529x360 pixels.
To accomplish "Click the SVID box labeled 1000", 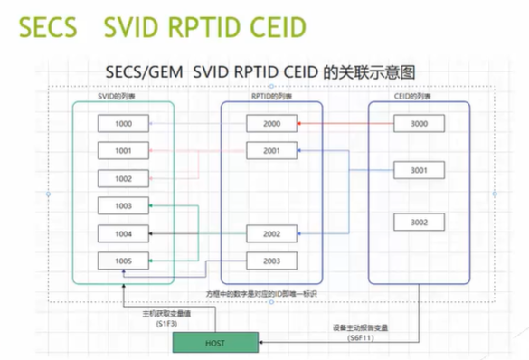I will (124, 124).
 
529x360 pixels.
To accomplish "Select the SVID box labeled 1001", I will (124, 150).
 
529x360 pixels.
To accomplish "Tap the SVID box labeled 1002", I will (124, 179).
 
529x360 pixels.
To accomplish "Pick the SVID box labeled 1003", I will (124, 206).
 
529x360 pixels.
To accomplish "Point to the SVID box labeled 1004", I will (124, 234).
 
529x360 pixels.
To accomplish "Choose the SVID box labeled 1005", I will (124, 261).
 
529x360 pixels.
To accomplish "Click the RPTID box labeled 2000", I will (271, 124).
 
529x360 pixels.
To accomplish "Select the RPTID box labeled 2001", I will (271, 150).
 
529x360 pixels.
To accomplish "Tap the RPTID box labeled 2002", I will (271, 234).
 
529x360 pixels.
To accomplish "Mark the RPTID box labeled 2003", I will (271, 261).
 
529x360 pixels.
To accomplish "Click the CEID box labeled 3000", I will (419, 124).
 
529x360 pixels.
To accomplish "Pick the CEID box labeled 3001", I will (419, 170).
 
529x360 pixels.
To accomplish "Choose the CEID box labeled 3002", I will (419, 222).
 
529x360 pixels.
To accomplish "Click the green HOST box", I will (214, 343).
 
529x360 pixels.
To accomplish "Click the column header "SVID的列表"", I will (118, 96).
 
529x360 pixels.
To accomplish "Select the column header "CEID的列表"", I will (417, 96).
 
